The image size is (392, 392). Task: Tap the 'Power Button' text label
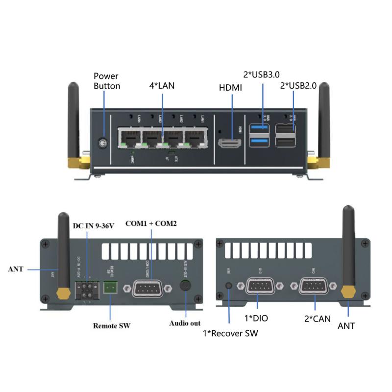point(106,81)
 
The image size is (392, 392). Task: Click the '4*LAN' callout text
point(162,86)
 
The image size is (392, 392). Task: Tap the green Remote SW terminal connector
point(110,288)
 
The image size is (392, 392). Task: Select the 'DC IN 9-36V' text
point(93,226)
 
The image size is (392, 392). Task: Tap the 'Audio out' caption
point(185,323)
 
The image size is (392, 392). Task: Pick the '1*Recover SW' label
point(230,334)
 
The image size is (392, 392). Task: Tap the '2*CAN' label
point(317,318)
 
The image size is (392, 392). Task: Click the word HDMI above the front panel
point(230,88)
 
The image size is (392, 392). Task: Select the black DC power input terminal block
point(84,289)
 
